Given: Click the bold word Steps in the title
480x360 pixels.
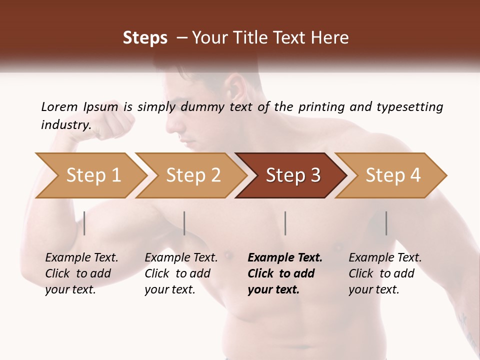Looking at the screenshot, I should (x=145, y=38).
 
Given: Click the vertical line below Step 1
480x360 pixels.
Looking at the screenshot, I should (x=84, y=223).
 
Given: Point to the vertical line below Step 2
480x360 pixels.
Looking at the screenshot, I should (x=184, y=223).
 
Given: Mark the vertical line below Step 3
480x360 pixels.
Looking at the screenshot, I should (x=285, y=223).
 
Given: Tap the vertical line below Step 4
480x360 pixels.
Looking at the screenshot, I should (x=386, y=223).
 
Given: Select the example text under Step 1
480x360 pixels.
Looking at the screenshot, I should (x=81, y=273).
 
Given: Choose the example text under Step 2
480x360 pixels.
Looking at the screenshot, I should (x=181, y=273).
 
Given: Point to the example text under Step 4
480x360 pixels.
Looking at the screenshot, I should (x=385, y=273).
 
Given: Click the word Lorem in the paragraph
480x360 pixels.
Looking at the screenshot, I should (x=59, y=106).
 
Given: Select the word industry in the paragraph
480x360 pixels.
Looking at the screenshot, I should (x=65, y=124).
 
